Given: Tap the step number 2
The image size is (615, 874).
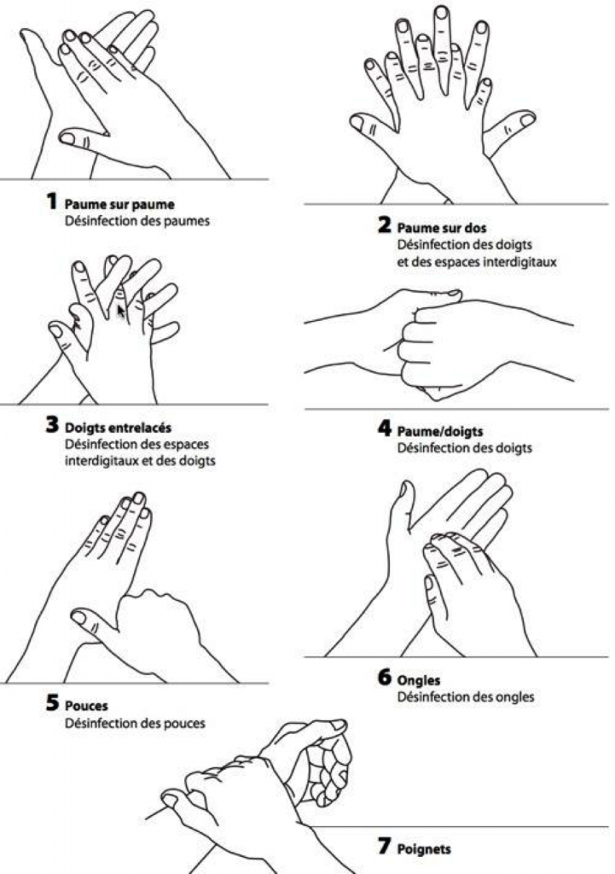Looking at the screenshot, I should pos(384,227).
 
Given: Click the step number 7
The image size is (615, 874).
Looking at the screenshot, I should pos(384,848).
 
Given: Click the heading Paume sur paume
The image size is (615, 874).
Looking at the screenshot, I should pos(113,205).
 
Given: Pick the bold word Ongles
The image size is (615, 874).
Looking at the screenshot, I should pos(420,681).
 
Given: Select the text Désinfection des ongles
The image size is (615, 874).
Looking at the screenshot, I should pos(466,697).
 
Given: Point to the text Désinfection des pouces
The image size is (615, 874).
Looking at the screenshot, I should pos(136,724).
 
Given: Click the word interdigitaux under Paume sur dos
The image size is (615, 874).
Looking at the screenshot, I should pos(520,262).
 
